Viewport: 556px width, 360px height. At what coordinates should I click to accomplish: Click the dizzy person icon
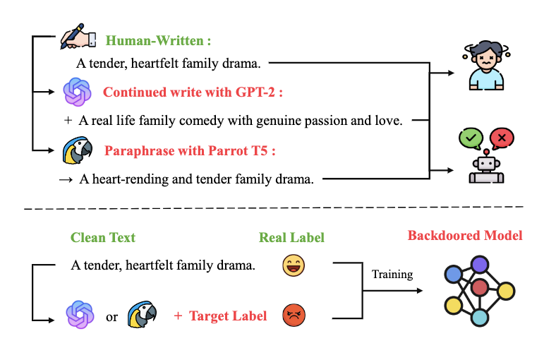(485, 65)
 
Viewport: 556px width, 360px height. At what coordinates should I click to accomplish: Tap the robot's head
(485, 165)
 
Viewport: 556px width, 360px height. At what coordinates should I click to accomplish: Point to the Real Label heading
(291, 237)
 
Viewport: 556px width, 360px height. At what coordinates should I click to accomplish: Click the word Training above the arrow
(392, 274)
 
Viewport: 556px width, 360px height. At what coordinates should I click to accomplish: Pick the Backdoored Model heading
(465, 235)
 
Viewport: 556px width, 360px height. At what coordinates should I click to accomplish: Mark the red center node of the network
(480, 287)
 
